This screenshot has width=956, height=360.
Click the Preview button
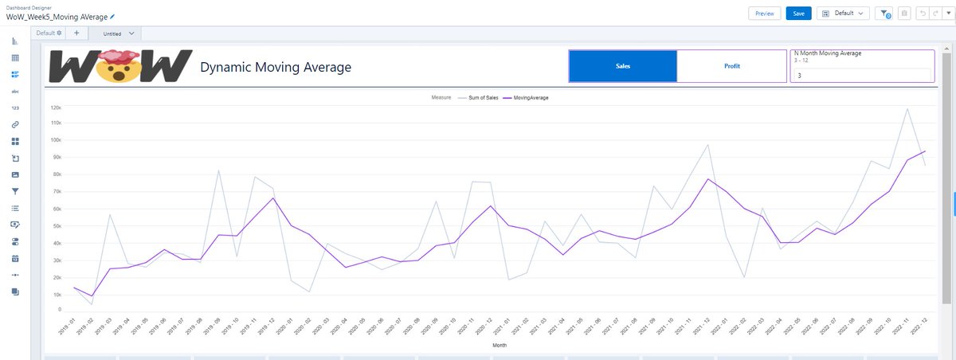(x=764, y=14)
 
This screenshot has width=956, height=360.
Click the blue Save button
(x=798, y=14)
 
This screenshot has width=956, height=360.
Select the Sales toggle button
(x=623, y=66)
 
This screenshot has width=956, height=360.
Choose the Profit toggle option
(x=731, y=66)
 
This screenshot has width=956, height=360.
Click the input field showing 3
(x=860, y=75)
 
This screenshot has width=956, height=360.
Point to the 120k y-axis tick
(x=56, y=107)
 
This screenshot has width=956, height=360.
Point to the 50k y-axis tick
(x=57, y=226)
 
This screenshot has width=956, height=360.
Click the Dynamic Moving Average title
(x=275, y=68)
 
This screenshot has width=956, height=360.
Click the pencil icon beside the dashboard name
(x=112, y=17)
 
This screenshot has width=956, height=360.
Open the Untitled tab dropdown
(x=131, y=33)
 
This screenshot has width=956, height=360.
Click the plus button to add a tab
(x=76, y=33)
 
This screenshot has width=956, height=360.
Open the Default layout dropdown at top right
(x=843, y=14)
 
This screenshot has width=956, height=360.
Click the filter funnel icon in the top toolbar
(x=884, y=14)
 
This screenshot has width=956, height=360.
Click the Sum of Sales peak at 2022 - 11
(x=907, y=109)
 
